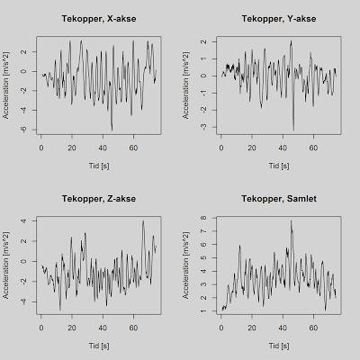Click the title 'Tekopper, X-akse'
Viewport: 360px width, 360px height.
(x=99, y=19)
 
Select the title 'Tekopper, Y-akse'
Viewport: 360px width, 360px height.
(x=279, y=19)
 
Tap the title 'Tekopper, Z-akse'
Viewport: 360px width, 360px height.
(x=99, y=199)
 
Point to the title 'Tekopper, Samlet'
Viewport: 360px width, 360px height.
(x=279, y=199)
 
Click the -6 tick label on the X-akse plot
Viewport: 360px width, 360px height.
(x=23, y=130)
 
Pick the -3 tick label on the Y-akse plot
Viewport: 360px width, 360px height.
(x=203, y=127)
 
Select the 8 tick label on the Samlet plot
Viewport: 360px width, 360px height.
(x=203, y=218)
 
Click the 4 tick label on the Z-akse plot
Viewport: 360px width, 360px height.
(x=23, y=221)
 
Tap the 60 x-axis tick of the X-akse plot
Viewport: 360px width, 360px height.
(x=133, y=148)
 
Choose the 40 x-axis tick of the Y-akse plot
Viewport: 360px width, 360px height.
(x=283, y=148)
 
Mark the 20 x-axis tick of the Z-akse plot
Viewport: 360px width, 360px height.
(x=72, y=328)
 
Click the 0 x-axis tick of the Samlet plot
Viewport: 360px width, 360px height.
(x=221, y=328)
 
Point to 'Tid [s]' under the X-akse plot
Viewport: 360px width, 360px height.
(x=99, y=166)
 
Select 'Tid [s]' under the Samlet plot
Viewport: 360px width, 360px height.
(x=279, y=346)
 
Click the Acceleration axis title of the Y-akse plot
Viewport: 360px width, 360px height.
(x=186, y=85)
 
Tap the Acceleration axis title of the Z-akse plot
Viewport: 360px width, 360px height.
(x=6, y=265)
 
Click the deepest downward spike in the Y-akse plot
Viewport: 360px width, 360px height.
(x=293, y=130)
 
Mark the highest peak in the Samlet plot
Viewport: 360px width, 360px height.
(x=291, y=221)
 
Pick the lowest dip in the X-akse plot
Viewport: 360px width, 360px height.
(x=112, y=130)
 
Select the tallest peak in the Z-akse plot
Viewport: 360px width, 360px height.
(x=143, y=221)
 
